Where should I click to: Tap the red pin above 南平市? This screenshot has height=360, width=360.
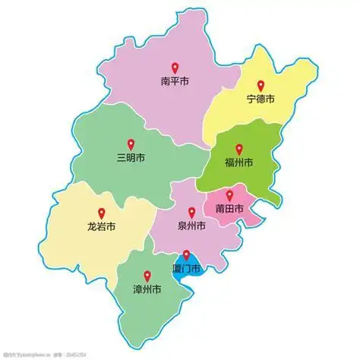(x=174, y=67)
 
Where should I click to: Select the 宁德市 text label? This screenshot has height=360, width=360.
(x=261, y=99)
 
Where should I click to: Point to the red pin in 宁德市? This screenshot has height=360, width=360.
(x=261, y=86)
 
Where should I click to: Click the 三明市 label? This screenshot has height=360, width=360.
(x=130, y=157)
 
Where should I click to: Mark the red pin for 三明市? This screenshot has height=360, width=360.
(x=130, y=144)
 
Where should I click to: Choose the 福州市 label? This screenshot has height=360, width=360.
(x=238, y=163)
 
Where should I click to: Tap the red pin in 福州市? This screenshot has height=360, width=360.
(x=238, y=150)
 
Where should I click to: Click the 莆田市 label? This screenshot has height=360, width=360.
(x=229, y=209)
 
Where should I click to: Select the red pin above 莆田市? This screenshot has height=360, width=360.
(x=229, y=195)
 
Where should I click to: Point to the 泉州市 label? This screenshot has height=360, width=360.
(x=191, y=226)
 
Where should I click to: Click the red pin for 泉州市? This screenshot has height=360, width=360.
(x=191, y=213)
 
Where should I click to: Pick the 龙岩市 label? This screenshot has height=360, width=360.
(x=101, y=226)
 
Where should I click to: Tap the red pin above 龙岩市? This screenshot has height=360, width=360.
(x=101, y=213)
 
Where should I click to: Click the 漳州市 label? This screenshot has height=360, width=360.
(x=147, y=289)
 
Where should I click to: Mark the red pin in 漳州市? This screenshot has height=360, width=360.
(x=147, y=276)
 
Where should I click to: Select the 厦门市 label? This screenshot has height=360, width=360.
(x=186, y=269)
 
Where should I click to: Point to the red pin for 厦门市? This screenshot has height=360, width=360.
(x=186, y=255)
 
